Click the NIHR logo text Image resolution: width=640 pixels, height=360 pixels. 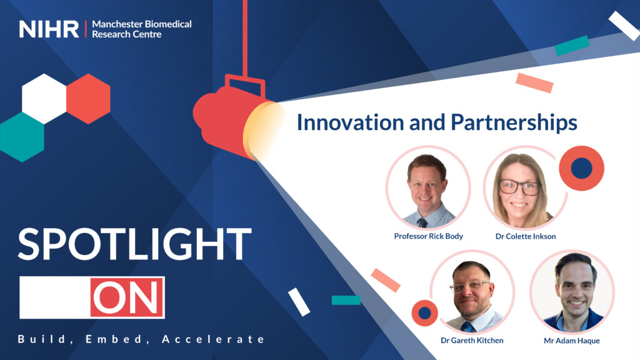[49, 29]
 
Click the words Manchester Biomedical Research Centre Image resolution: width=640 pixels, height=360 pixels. [142, 29]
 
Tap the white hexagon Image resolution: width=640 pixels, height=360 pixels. [44, 98]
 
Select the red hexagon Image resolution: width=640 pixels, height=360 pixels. [88, 98]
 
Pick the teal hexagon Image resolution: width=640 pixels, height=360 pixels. [22, 137]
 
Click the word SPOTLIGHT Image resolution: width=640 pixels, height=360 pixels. [135, 244]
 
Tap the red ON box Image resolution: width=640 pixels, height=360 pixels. [127, 297]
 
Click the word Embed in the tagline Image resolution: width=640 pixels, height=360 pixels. [114, 339]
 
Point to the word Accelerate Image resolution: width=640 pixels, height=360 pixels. [214, 339]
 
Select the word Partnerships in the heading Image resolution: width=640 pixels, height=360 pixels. [514, 123]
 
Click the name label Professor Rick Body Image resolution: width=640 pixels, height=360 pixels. [429, 236]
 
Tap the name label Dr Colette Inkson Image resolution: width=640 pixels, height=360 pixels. [526, 236]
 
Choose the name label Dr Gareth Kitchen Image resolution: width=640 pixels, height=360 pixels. [472, 341]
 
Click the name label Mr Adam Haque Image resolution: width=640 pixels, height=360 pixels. [572, 341]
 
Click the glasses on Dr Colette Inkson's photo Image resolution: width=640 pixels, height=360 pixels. [520, 187]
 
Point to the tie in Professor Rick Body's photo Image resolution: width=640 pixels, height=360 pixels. [422, 222]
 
